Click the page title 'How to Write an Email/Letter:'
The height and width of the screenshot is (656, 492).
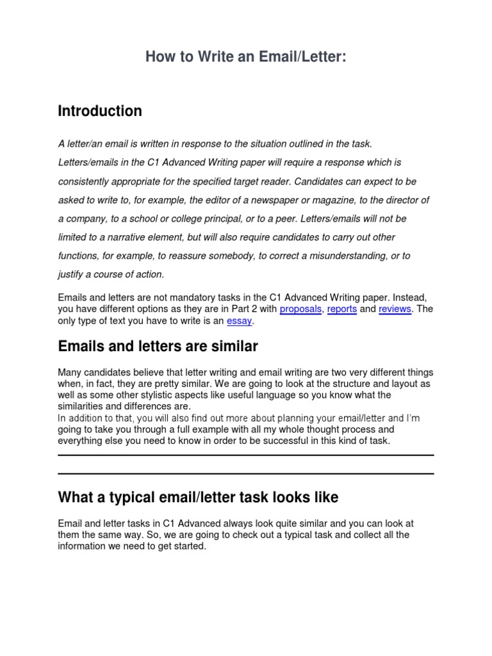245,58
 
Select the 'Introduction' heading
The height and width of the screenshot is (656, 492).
100,111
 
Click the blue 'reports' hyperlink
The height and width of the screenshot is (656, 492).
342,309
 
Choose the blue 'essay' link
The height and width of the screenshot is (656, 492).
240,321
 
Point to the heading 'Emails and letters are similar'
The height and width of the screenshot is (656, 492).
158,347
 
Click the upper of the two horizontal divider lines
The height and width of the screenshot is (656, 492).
245,455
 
